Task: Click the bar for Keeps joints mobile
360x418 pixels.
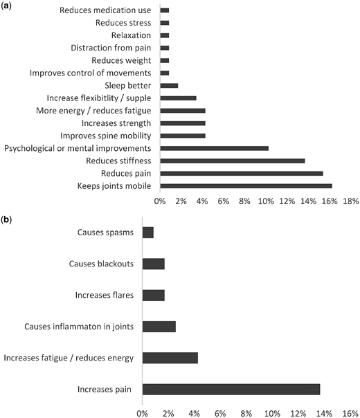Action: pos(246,186)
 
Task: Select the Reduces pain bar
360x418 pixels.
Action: pos(242,174)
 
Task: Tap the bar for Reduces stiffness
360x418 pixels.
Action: pos(233,161)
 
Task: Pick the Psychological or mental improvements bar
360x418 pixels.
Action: pos(215,149)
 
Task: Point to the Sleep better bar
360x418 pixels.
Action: pos(169,86)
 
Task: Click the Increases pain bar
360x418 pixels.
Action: pos(231,390)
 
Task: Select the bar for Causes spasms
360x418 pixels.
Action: pos(148,233)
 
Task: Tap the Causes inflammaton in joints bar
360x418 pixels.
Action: pos(159,327)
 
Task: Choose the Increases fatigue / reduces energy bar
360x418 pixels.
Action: pos(170,358)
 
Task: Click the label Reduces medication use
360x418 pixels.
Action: pos(105,10)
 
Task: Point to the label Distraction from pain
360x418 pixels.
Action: pos(111,48)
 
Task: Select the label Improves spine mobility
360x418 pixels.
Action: pos(106,136)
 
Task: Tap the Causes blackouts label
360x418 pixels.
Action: pos(101,264)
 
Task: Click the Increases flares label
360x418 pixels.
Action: pos(105,296)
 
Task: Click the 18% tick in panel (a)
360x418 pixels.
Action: pos(351,201)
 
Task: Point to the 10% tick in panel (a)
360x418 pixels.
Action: pos(266,201)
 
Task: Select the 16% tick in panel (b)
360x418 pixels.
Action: pos(350,414)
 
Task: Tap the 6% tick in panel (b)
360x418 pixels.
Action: pos(220,414)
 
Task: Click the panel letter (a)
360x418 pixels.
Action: pos(6,6)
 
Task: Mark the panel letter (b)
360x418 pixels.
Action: pos(6,220)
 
